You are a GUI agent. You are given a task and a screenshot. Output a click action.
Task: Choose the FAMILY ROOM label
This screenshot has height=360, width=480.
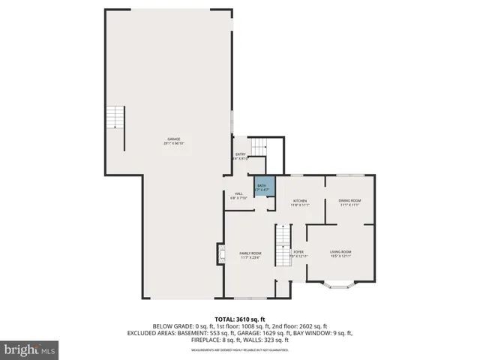pyautogui.click(x=250, y=253)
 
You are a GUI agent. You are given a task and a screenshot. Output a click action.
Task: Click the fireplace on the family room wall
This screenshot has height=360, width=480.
pyautogui.click(x=221, y=255)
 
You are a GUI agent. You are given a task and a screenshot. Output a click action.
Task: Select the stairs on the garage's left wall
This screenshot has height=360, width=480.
pyautogui.click(x=114, y=118)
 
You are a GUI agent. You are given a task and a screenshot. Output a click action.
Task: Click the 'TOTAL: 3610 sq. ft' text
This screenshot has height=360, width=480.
pyautogui.click(x=239, y=319)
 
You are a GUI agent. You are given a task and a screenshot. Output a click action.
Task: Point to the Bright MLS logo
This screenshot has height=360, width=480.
pyautogui.click(x=30, y=349)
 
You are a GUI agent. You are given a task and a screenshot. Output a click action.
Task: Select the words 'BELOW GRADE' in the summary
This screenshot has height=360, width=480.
pyautogui.click(x=172, y=325)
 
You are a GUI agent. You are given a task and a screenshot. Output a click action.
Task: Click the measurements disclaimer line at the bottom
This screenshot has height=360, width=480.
pyautogui.click(x=239, y=350)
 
